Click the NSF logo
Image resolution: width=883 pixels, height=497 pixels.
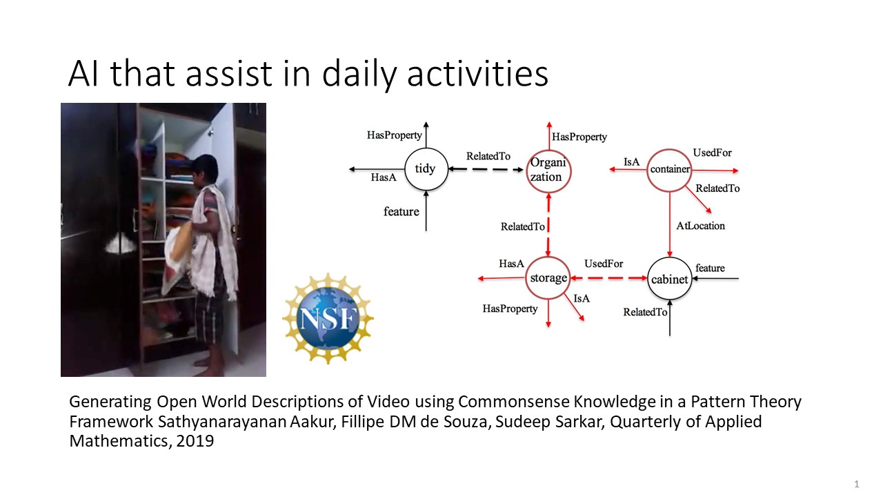[328, 318]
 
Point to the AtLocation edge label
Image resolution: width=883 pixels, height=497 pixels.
[700, 226]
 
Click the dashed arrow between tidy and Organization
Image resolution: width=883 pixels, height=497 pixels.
[486, 169]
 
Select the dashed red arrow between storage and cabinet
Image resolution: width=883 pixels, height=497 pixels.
[609, 278]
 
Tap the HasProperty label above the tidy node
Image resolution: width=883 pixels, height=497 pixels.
[394, 135]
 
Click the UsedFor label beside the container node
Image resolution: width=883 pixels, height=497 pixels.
[712, 153]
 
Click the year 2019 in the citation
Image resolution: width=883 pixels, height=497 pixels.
[195, 441]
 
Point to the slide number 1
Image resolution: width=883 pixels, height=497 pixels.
[857, 484]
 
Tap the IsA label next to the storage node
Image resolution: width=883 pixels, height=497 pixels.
[582, 299]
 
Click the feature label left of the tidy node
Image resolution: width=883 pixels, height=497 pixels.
[401, 211]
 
